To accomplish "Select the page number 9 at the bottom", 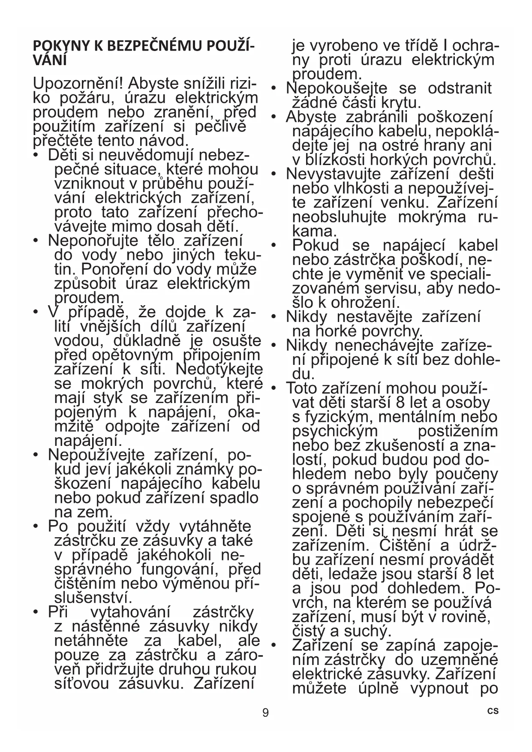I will pos(266,713).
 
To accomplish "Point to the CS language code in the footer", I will pos(493,711).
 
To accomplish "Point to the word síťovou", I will pos(81,683).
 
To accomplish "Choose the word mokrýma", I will pos(432,217).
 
